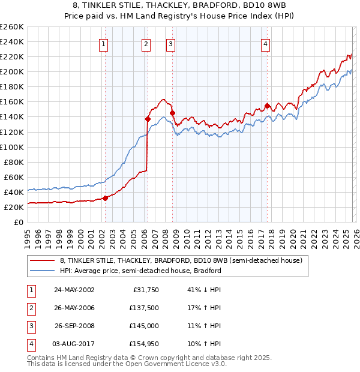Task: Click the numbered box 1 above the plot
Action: pos(104,43)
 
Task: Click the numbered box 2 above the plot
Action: pos(146,43)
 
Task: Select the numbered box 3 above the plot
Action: pos(171,43)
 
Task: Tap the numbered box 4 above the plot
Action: pos(265,43)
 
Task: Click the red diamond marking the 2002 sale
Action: pos(105,198)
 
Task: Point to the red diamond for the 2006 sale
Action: pos(148,119)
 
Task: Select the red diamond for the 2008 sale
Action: pos(172,113)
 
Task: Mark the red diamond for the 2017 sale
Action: pos(267,106)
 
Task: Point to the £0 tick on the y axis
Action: pos(18,222)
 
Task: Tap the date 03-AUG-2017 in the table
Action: pos(74,344)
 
